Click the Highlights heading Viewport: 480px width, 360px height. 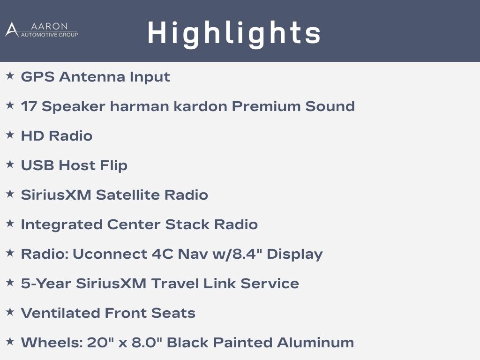pyautogui.click(x=234, y=34)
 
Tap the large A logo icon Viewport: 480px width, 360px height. pyautogui.click(x=12, y=30)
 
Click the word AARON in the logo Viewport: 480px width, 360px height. pyautogui.click(x=49, y=26)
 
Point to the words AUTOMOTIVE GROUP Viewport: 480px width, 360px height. pyautogui.click(x=49, y=35)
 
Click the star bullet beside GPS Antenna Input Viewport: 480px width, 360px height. pyautogui.click(x=10, y=75)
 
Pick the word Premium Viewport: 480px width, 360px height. pyautogui.click(x=266, y=106)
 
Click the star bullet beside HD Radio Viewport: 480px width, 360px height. pyautogui.click(x=10, y=135)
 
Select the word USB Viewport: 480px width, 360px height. pyautogui.click(x=37, y=165)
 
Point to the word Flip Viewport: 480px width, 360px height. pyautogui.click(x=113, y=166)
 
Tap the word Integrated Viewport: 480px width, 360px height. pyautogui.click(x=61, y=225)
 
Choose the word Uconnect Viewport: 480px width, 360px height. pyautogui.click(x=110, y=254)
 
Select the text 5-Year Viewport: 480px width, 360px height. pyautogui.click(x=46, y=284)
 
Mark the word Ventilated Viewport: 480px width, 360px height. pyautogui.click(x=60, y=313)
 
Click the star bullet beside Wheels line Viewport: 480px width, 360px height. pyautogui.click(x=10, y=341)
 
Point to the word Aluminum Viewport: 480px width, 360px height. pyautogui.click(x=315, y=343)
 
